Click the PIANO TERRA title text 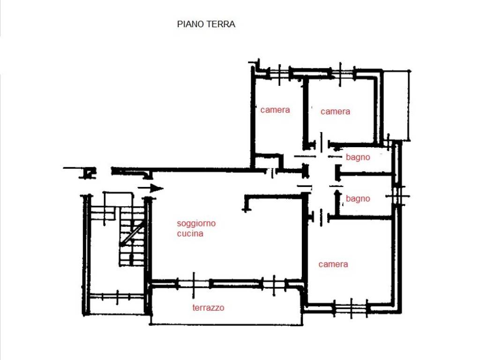coord(206,24)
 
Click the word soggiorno coord(196,224)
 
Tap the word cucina coord(190,233)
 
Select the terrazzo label coord(208,307)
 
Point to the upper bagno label coord(358,157)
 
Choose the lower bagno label coord(358,199)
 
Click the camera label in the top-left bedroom coord(275,110)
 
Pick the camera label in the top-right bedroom coord(335,112)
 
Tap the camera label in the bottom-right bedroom coord(333,264)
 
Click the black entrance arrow coord(150,188)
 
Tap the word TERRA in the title coord(221,24)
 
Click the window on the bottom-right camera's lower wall coord(351,307)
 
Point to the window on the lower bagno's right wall coord(397,196)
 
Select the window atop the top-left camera coord(279,74)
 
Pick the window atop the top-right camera coord(340,74)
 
